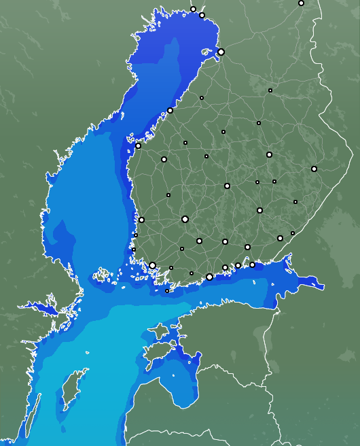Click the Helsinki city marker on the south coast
tap(209, 277)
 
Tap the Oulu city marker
tap(221, 52)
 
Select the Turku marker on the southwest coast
tap(153, 266)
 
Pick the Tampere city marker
tap(185, 219)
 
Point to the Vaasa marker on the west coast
tap(138, 145)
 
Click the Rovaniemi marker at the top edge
tap(301, 3)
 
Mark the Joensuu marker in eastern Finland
tap(314, 169)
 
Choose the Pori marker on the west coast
tap(141, 220)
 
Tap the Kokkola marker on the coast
tap(170, 110)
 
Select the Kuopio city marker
tap(269, 154)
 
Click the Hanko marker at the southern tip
tap(167, 291)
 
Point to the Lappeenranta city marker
tap(280, 238)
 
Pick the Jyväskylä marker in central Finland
tap(227, 186)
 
